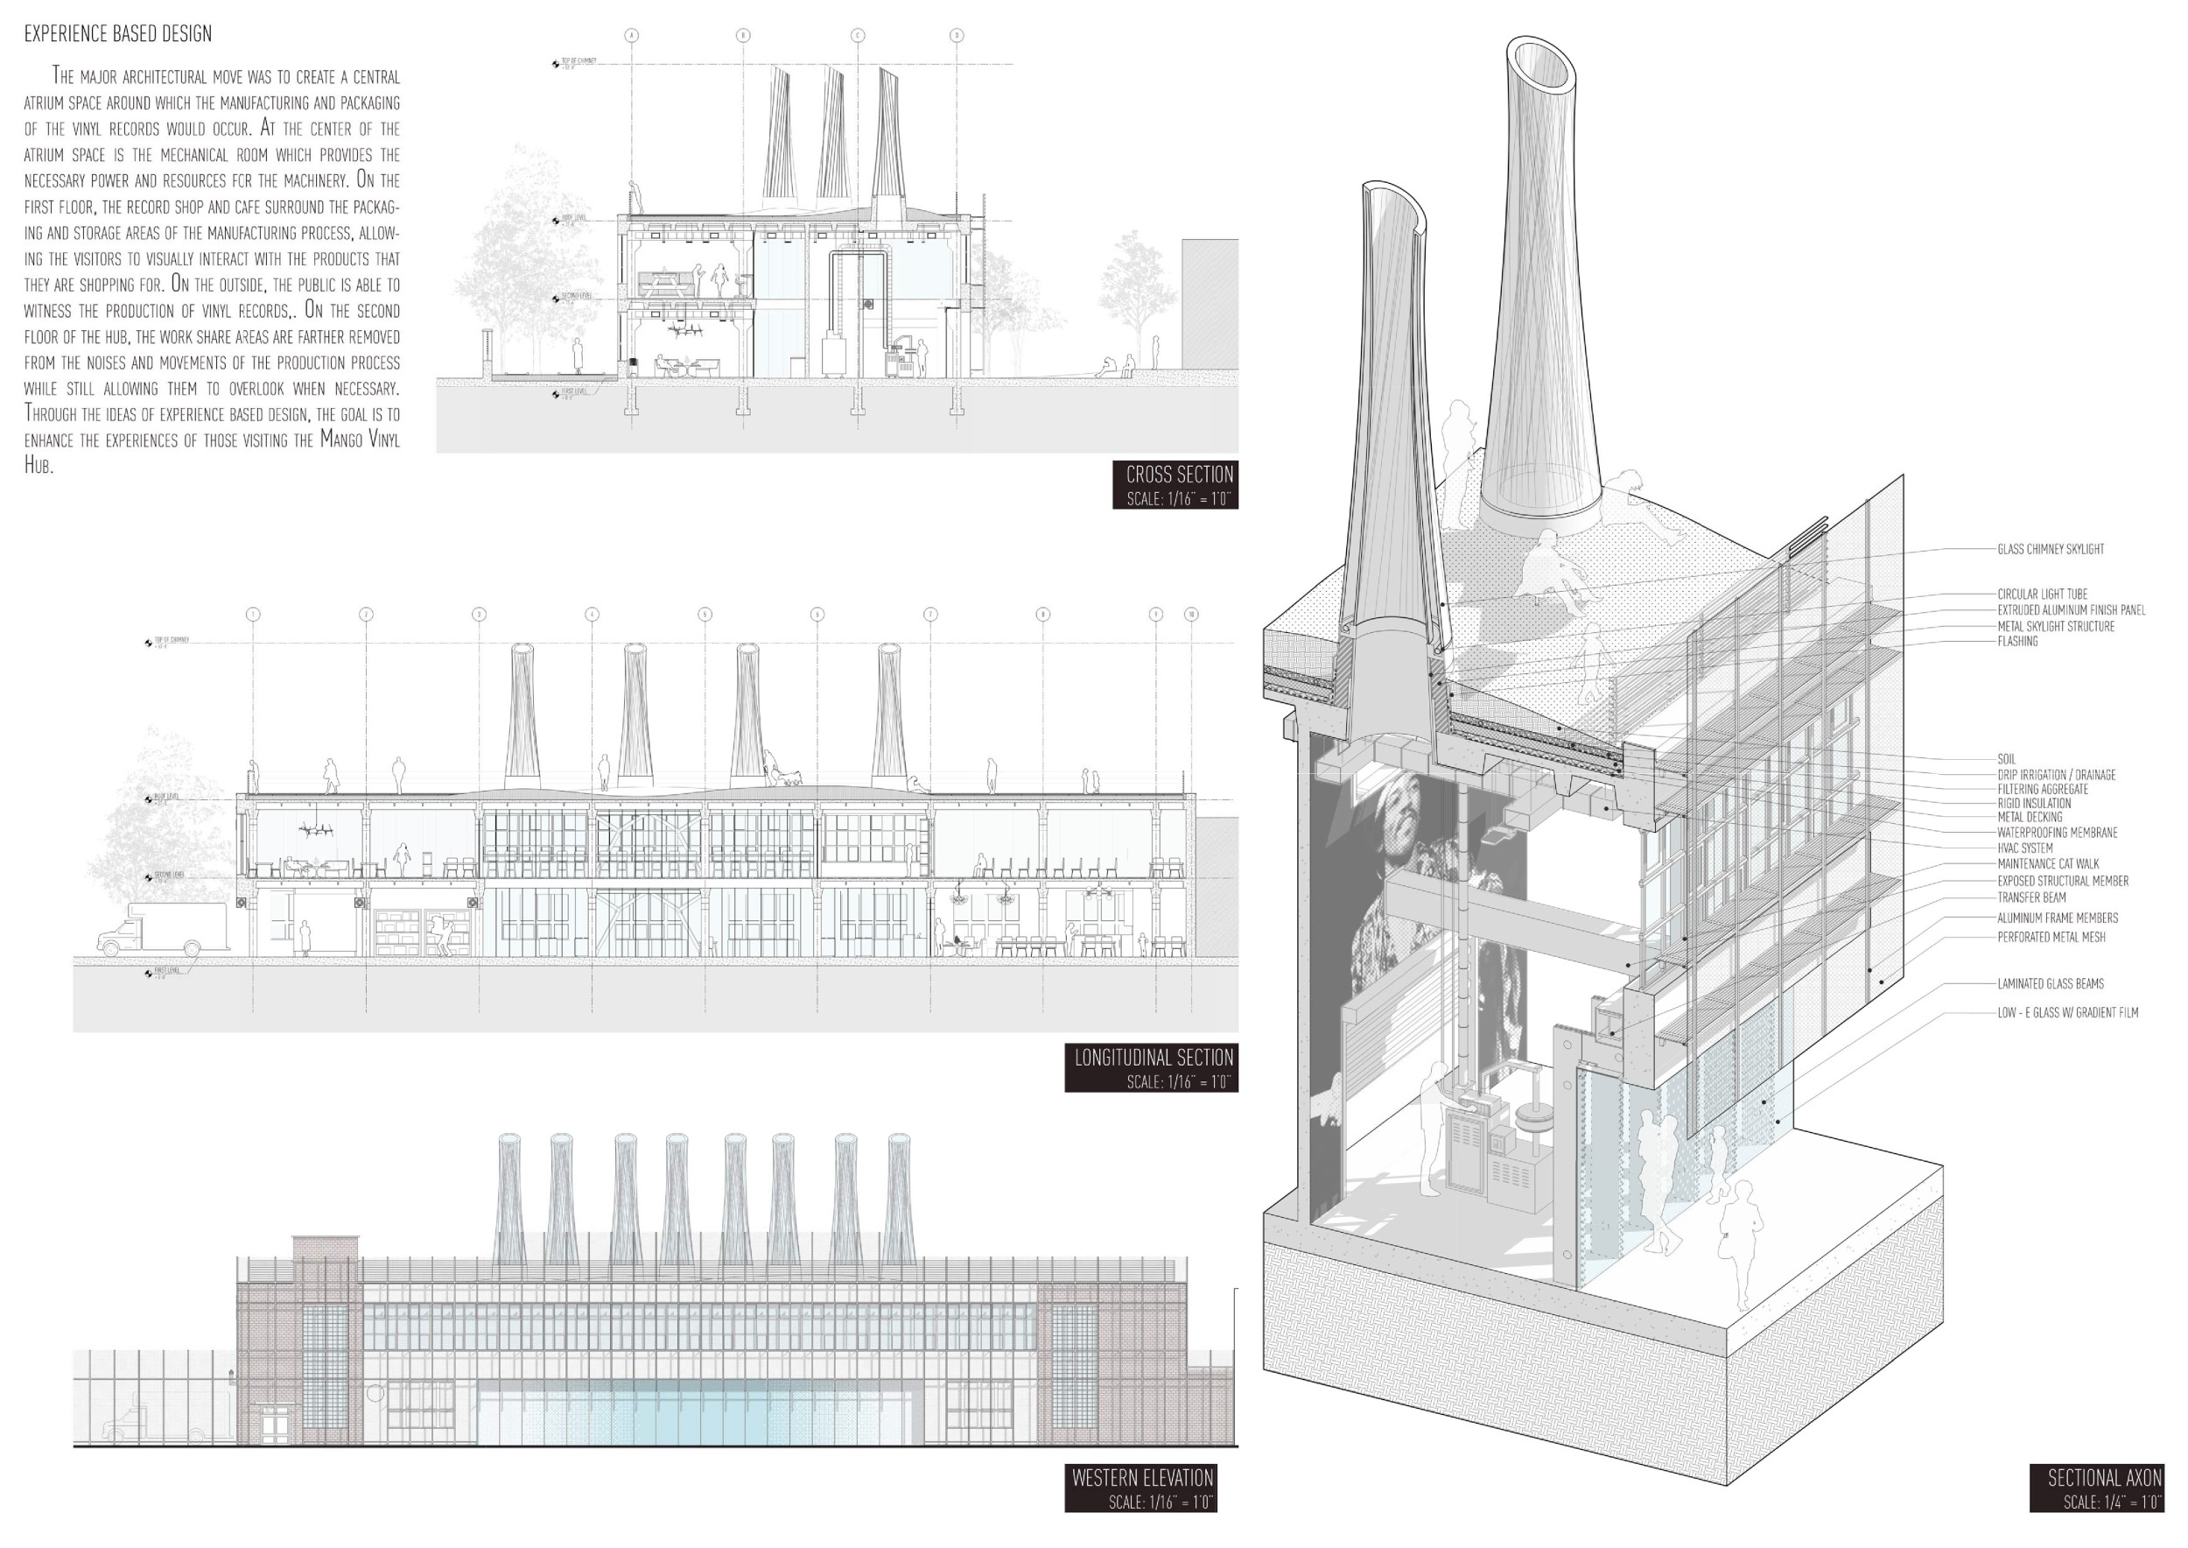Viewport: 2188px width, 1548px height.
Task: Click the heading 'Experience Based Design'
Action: tap(117, 34)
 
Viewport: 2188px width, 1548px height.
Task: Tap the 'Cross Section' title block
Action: tap(1175, 485)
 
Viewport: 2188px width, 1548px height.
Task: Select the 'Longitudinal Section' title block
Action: tap(1151, 1067)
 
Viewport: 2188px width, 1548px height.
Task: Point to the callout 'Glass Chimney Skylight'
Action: tap(2051, 549)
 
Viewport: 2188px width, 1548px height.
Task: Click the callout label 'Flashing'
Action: tap(2017, 642)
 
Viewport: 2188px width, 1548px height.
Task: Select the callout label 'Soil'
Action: tap(2006, 759)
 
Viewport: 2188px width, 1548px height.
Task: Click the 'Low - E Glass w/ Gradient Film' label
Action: tap(2067, 1012)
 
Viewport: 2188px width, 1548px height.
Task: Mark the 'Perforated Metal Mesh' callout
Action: tap(2051, 937)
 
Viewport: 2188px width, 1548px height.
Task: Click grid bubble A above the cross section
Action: tap(631, 35)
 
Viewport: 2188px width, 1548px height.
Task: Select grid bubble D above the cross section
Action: tap(957, 35)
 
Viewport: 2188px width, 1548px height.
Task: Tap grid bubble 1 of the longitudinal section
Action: tap(253, 614)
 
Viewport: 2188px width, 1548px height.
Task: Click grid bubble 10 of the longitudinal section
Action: tap(1191, 614)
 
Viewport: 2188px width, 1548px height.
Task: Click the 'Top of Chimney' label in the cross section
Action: tap(579, 61)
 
